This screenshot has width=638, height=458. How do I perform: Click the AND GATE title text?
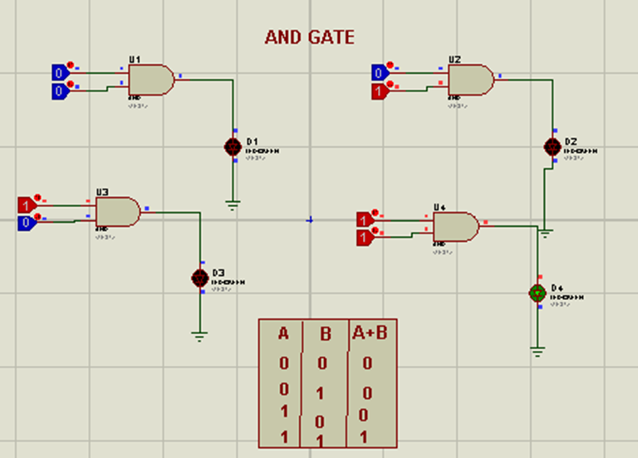(309, 37)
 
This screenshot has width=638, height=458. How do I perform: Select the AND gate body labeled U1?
(151, 80)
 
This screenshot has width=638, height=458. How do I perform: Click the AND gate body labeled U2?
(470, 80)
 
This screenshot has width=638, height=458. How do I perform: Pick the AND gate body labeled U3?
(118, 212)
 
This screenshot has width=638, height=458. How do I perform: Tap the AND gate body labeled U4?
(456, 226)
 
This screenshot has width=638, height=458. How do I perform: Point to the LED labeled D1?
(233, 146)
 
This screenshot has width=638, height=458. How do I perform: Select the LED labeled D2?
(552, 146)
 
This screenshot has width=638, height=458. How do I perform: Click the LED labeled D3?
(199, 278)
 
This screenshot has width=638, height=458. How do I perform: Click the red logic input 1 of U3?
(27, 204)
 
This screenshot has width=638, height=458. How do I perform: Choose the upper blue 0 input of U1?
(59, 72)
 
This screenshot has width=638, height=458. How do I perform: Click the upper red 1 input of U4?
(364, 219)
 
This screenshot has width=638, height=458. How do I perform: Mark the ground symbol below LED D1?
(233, 204)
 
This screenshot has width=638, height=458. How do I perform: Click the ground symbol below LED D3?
(199, 336)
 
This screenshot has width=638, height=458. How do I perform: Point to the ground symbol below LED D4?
(538, 352)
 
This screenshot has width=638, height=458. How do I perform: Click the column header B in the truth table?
(326, 335)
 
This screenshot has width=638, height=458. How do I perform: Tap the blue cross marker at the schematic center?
(310, 220)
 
